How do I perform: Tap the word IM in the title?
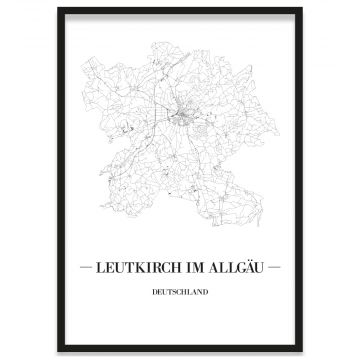(195, 269)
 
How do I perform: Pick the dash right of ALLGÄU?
(277, 269)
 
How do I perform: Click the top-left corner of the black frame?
(58, 9)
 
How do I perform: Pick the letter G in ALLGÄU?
(236, 269)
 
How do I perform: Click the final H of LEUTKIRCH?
(178, 269)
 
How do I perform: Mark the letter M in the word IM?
(199, 269)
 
